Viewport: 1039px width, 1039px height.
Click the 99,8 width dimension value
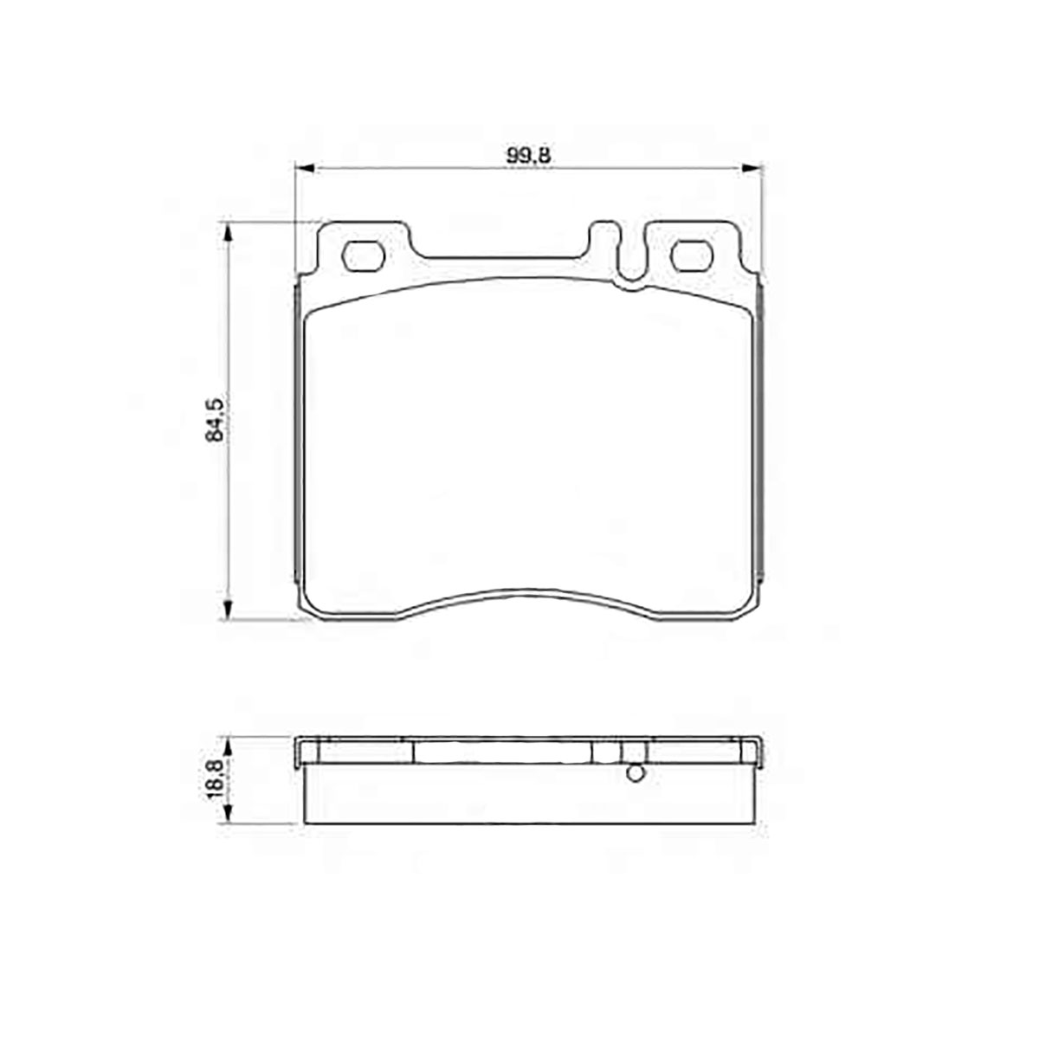point(527,156)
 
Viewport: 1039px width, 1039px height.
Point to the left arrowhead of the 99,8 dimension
point(304,168)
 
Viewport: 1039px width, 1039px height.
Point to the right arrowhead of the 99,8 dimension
point(752,168)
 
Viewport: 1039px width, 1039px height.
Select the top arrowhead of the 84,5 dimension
point(229,232)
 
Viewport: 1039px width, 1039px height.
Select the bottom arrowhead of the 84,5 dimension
point(229,610)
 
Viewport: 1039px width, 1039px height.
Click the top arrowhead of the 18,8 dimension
point(229,748)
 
